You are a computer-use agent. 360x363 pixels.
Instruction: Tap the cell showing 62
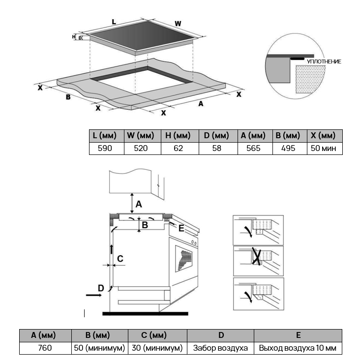click(179, 148)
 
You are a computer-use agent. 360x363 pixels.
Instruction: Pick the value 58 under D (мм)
click(217, 148)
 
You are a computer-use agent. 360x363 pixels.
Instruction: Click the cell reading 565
click(253, 148)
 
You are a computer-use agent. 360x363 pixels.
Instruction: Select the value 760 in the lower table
click(43, 348)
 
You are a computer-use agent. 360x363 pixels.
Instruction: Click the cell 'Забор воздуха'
click(221, 348)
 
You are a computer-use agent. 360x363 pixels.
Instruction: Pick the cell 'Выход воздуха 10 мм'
click(298, 348)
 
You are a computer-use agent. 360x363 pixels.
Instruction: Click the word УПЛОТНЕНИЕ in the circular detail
click(324, 61)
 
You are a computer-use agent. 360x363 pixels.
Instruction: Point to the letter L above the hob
click(114, 22)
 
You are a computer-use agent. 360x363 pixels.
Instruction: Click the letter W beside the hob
click(178, 23)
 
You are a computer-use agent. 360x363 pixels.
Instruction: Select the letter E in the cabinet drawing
click(181, 228)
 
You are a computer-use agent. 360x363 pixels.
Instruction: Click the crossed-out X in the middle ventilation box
click(256, 257)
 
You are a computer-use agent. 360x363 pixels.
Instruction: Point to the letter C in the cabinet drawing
click(120, 258)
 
